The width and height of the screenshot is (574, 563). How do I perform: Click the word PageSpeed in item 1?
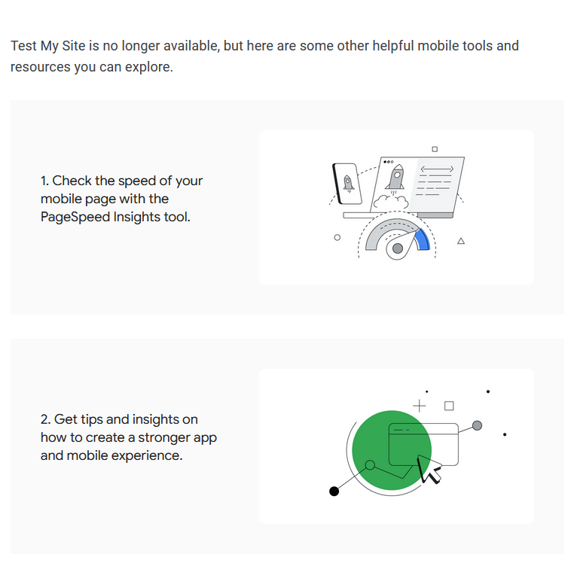pos(75,217)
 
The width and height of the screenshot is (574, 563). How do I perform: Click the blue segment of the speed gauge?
pos(423,239)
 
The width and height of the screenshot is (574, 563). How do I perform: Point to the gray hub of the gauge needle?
pos(398,249)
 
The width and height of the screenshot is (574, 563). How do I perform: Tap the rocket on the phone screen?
pos(348,184)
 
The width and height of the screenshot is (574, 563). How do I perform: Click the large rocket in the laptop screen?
pos(395,178)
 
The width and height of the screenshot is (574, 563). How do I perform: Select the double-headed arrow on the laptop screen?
pos(437,169)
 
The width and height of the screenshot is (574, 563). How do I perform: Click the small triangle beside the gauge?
pos(461,241)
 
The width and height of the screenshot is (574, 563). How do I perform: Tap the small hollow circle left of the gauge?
pos(337,237)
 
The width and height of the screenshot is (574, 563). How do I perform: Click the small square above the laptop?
pos(435,149)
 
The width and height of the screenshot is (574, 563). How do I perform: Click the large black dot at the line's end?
pos(334,491)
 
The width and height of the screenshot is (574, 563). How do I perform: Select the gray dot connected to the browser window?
pos(477,425)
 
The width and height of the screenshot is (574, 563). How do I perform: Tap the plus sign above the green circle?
pos(419,406)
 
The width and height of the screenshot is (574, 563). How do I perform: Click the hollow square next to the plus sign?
pos(449,406)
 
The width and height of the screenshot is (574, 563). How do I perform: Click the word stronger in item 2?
pos(164,438)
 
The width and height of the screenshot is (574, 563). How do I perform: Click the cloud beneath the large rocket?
pos(391,202)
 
